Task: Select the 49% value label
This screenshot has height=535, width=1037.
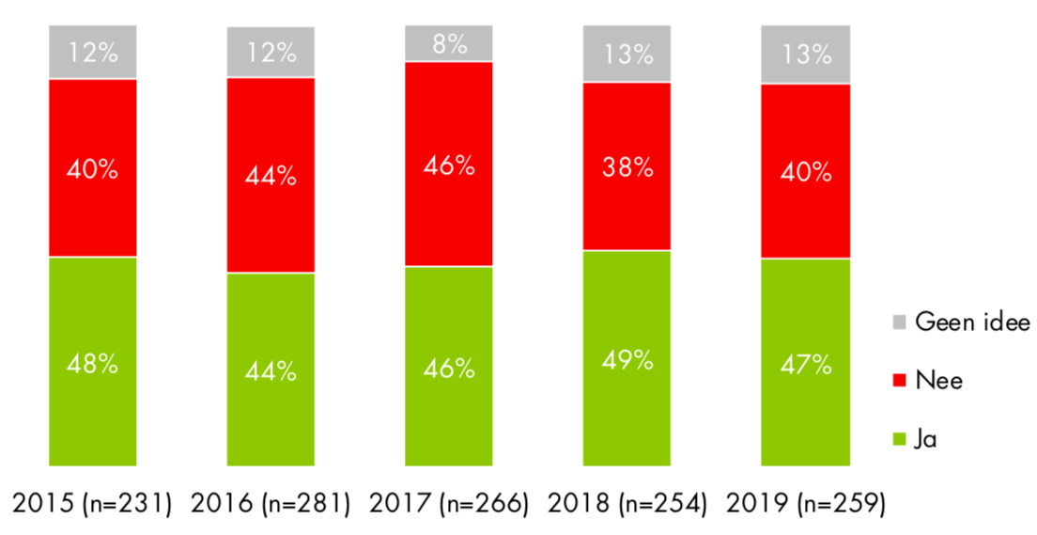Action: pyautogui.click(x=627, y=358)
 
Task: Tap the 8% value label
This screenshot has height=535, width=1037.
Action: pyautogui.click(x=449, y=44)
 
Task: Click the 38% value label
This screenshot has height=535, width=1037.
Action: pyautogui.click(x=627, y=167)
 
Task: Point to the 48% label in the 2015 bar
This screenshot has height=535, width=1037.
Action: pyautogui.click(x=92, y=364)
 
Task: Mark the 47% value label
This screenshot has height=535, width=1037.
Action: pyautogui.click(x=805, y=364)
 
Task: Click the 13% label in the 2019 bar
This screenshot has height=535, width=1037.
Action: pyautogui.click(x=805, y=55)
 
